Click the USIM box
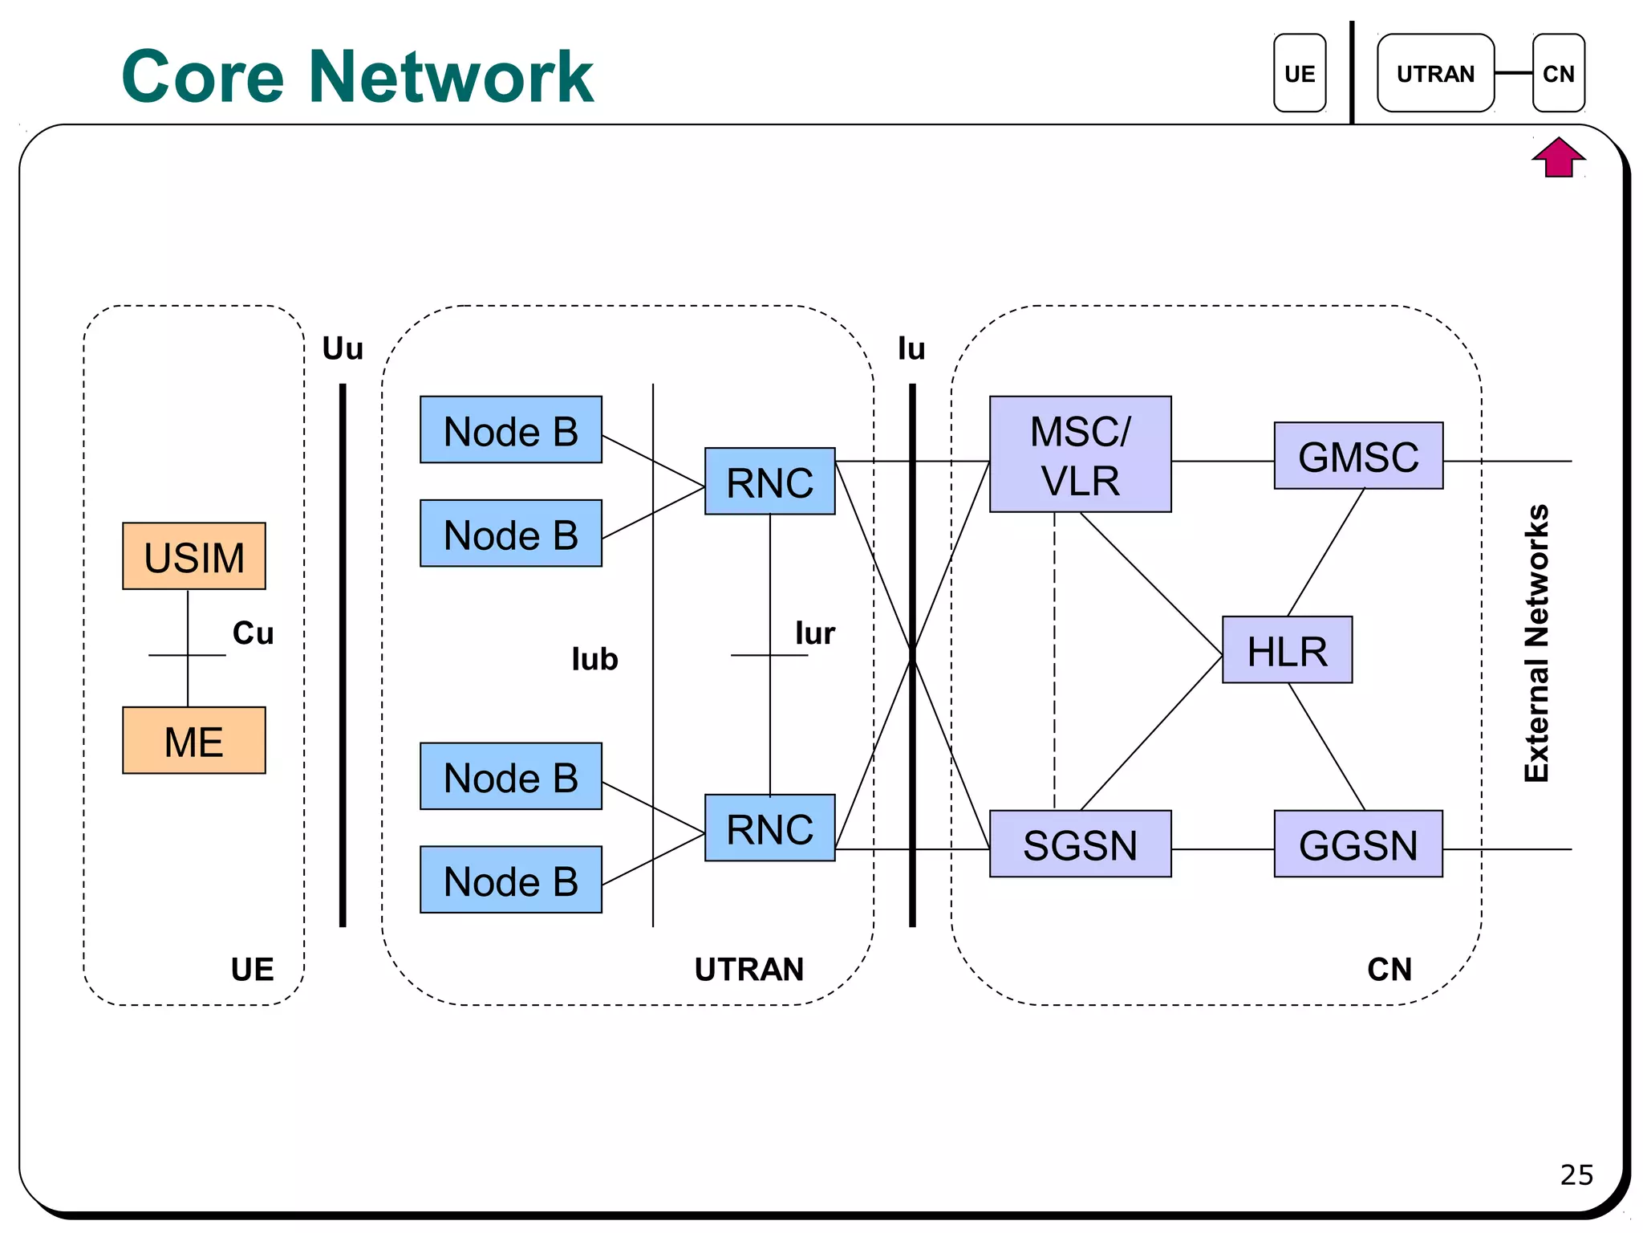click(x=193, y=556)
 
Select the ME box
click(x=193, y=740)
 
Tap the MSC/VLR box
click(x=1080, y=454)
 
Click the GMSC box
click(x=1358, y=456)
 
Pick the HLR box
click(x=1287, y=650)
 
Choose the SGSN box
click(x=1080, y=844)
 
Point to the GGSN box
click(x=1358, y=844)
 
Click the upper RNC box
click(x=769, y=482)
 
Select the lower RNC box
click(x=769, y=828)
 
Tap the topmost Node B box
click(x=510, y=430)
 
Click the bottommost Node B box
click(x=510, y=880)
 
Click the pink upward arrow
click(x=1558, y=157)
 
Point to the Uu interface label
click(x=343, y=349)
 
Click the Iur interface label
click(x=815, y=633)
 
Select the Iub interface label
click(x=594, y=659)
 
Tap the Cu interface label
click(x=253, y=633)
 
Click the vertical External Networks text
click(x=1536, y=642)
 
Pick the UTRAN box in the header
click(x=1435, y=73)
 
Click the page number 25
click(x=1576, y=1174)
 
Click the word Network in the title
click(x=451, y=77)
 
